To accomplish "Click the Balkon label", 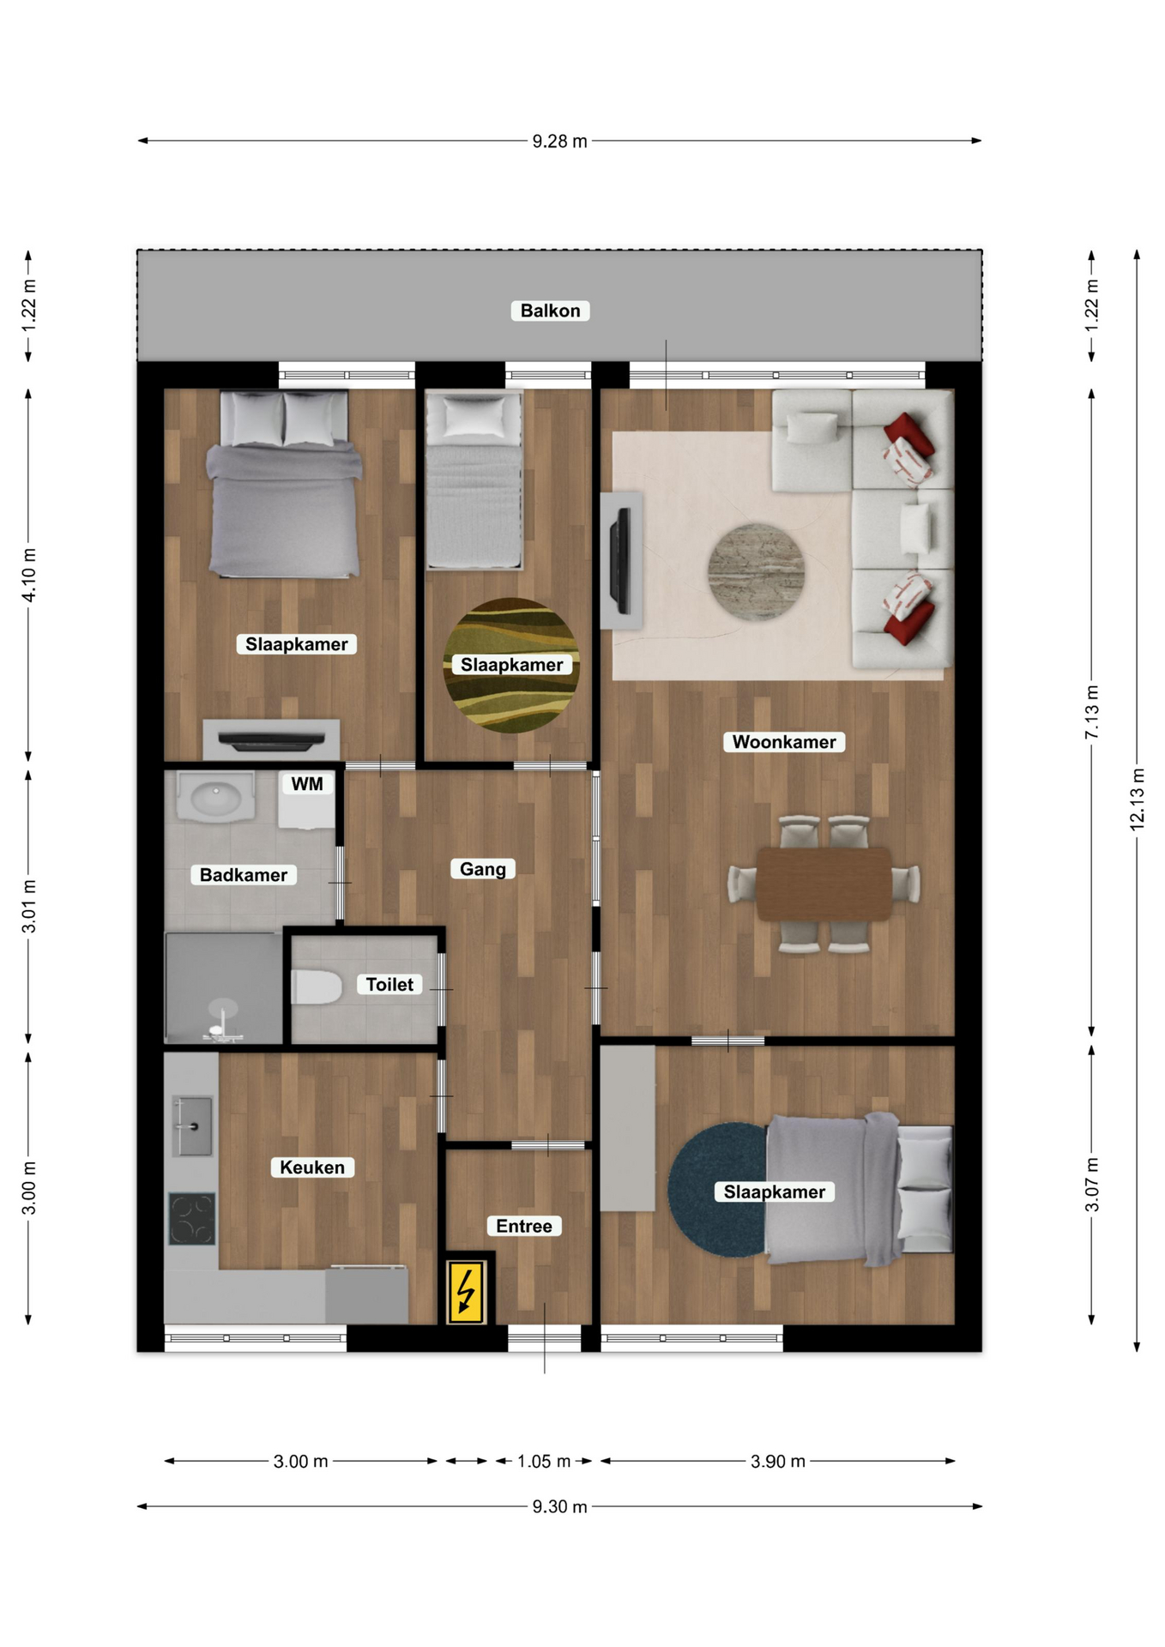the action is tap(550, 311).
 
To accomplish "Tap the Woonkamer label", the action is tap(784, 742).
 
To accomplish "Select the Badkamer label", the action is tap(244, 875).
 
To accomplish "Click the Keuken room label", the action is tap(312, 1167).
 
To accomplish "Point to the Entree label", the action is tap(524, 1227).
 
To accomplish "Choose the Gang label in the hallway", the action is tap(483, 869).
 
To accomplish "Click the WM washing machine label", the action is tap(307, 784).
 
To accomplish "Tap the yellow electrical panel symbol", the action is tap(467, 1291).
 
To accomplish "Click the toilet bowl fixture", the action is tap(317, 986).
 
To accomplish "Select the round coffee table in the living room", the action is tap(756, 572).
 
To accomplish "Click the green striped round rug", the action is tap(511, 666).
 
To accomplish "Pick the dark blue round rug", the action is tap(719, 1190).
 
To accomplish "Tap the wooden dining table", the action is tap(824, 884).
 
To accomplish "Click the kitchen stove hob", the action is tap(192, 1219).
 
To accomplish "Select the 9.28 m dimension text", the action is tap(559, 142).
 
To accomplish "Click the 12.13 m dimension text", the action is tap(1138, 799).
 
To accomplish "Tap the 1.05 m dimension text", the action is tap(544, 1461).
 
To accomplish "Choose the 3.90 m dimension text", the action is tap(778, 1461).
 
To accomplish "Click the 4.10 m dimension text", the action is tap(29, 575).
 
